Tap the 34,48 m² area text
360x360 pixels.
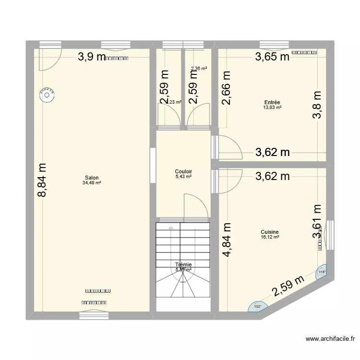92,182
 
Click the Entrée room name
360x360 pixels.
272,102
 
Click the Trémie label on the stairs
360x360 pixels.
183,264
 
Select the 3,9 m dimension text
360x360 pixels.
92,57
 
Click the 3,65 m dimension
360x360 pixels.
272,57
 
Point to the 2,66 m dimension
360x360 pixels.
226,88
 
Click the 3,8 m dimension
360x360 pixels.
317,106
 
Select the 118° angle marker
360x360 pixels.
321,273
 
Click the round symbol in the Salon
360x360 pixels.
47,95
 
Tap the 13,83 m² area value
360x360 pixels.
272,108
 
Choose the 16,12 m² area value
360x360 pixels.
271,237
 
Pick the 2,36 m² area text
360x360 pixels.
199,69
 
